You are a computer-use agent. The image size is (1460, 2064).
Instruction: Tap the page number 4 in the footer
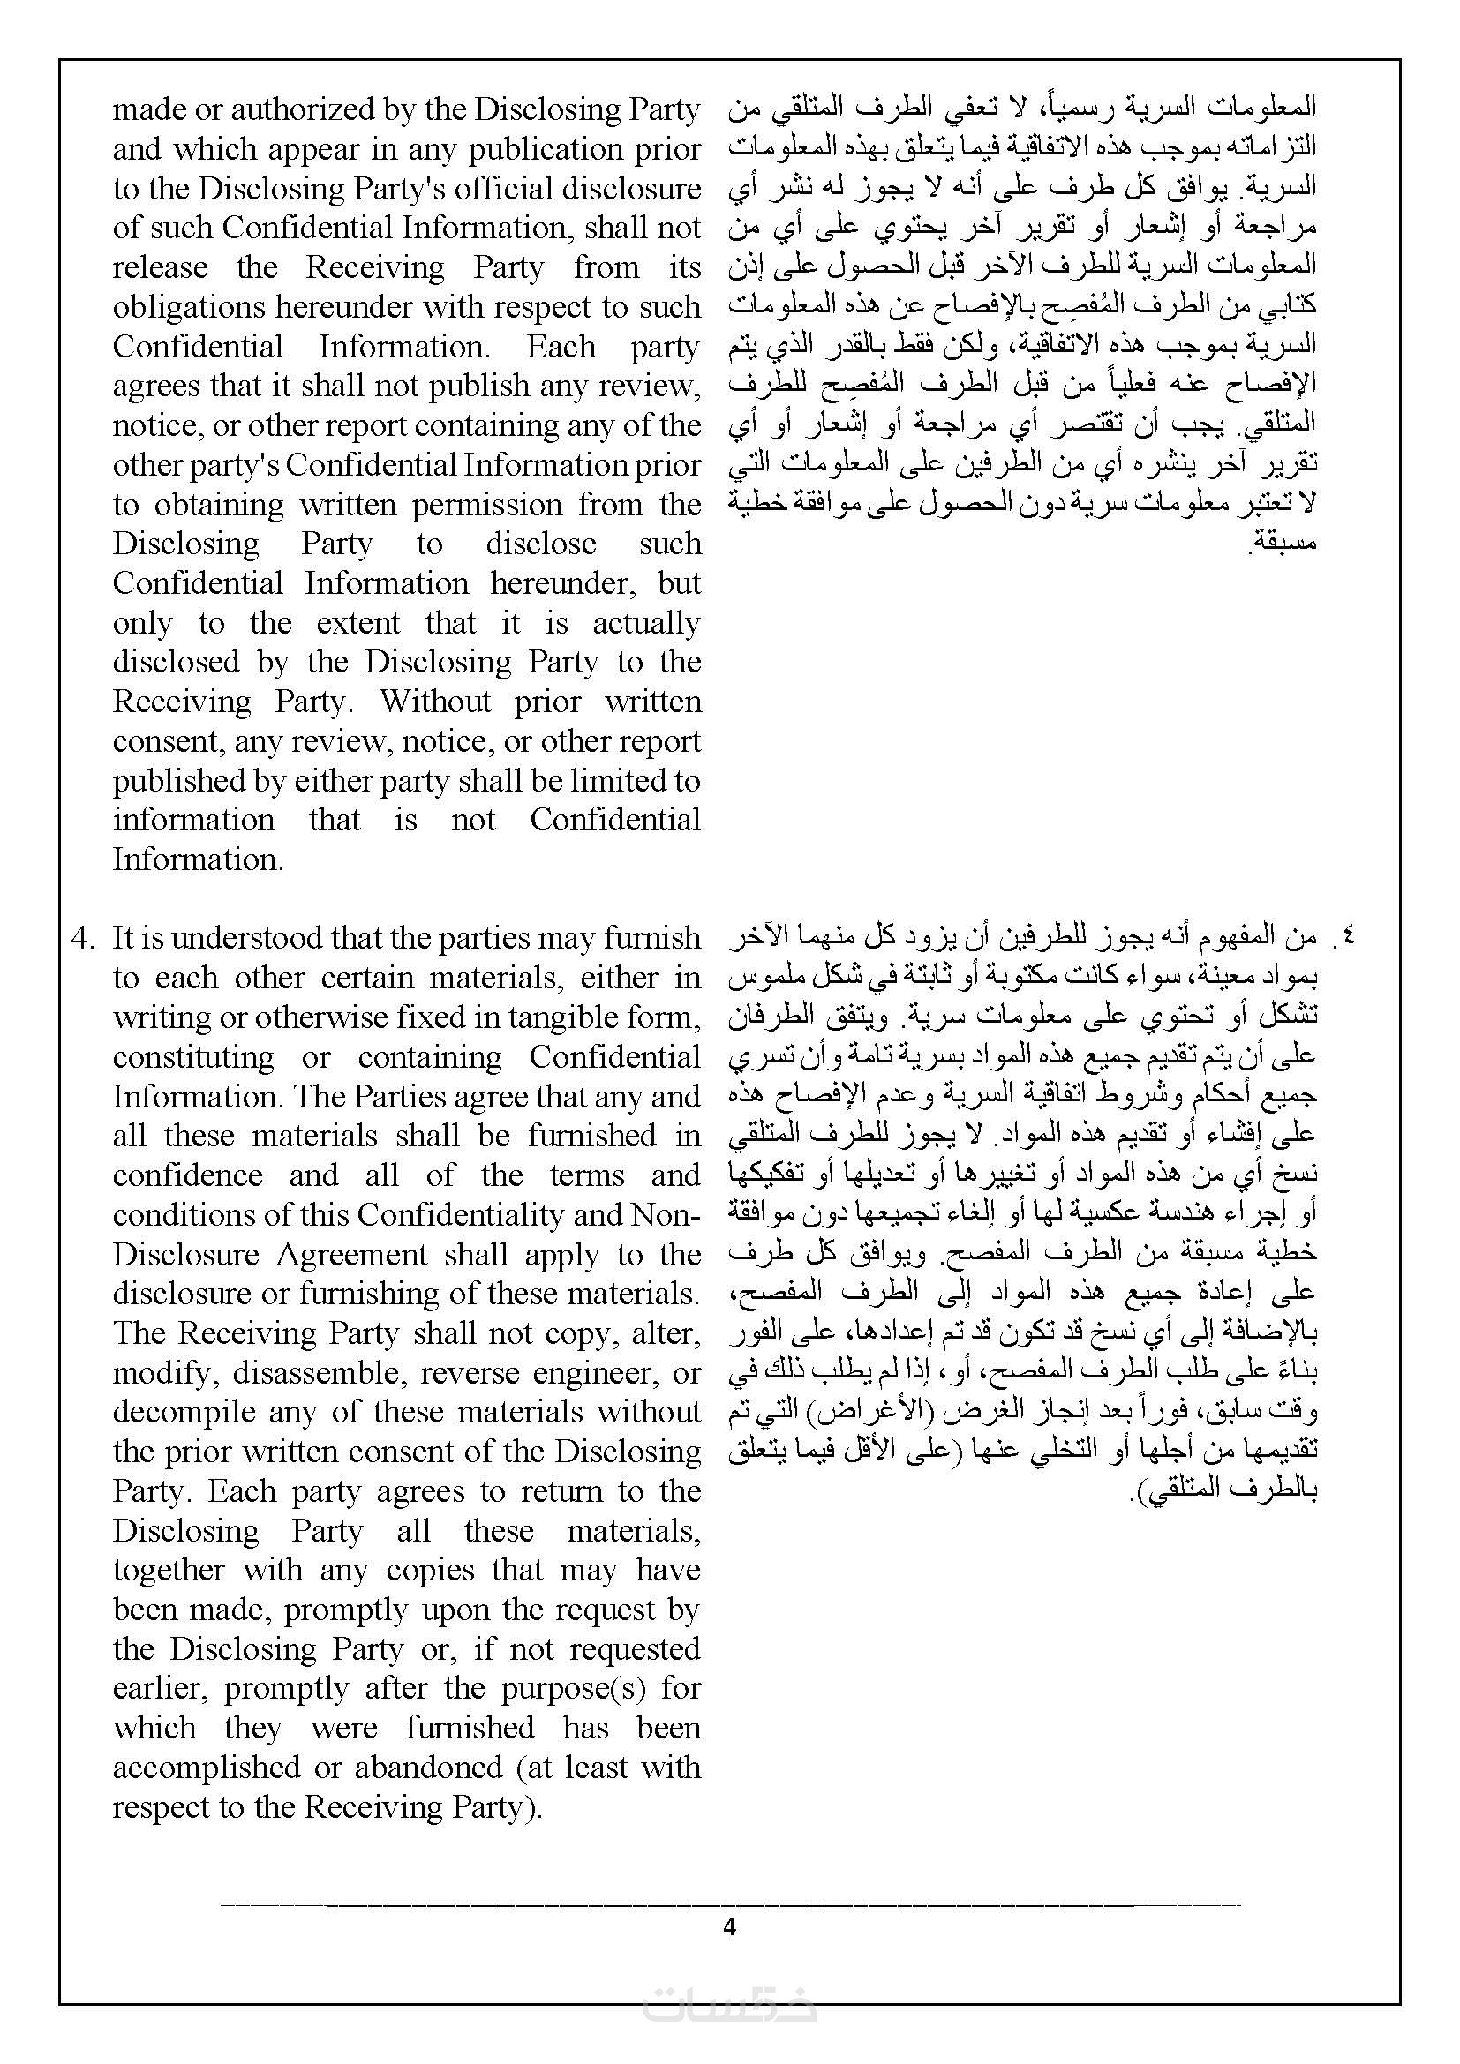(729, 1927)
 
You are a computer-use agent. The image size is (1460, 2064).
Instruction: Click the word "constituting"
(193, 1057)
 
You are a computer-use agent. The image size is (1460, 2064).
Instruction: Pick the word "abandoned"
(430, 1768)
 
